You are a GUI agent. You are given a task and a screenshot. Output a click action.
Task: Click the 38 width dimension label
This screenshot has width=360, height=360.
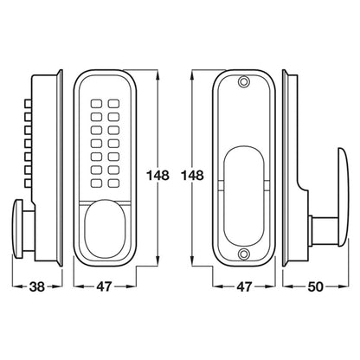tap(37, 286)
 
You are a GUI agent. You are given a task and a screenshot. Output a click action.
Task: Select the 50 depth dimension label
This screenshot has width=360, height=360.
tap(315, 286)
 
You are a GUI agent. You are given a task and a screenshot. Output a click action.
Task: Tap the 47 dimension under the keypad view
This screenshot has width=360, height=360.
tap(104, 286)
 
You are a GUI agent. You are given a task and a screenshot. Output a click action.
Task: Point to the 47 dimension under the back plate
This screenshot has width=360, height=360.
tap(244, 286)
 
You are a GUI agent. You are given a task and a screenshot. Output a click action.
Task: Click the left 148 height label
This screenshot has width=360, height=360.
tap(157, 175)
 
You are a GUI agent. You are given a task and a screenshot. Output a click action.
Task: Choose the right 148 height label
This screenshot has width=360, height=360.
tap(192, 175)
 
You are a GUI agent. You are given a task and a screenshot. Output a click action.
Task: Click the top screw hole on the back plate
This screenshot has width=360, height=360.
tap(244, 81)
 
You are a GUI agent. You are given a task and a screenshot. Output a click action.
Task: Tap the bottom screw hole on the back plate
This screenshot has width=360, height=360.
tap(244, 254)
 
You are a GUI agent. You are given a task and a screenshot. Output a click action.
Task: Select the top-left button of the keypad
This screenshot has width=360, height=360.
tap(96, 103)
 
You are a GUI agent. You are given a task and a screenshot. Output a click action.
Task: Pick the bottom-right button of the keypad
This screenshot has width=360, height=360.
tap(114, 183)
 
